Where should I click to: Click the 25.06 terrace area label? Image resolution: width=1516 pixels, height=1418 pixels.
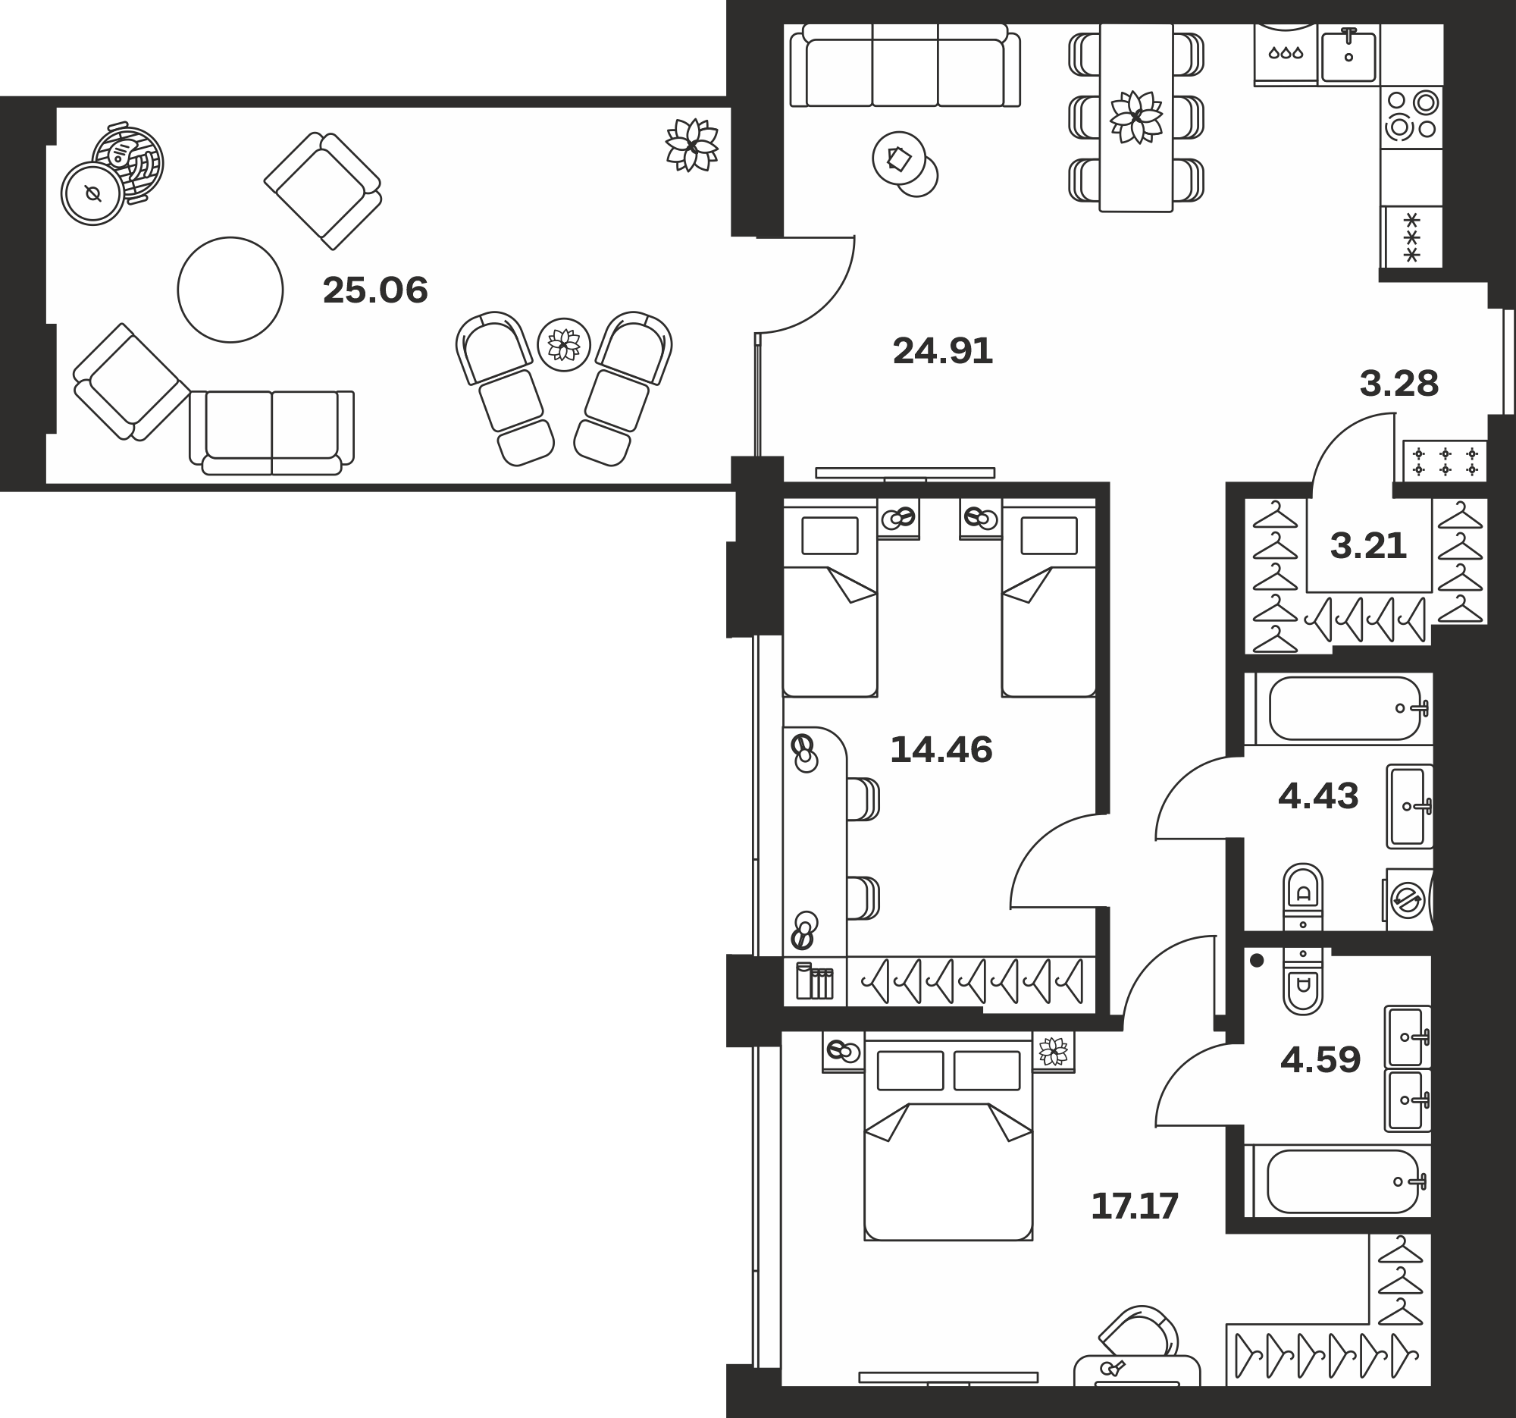pyautogui.click(x=375, y=290)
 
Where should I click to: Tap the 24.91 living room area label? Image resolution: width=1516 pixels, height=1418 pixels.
pyautogui.click(x=942, y=352)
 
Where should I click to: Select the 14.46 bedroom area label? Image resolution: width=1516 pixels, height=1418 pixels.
pyautogui.click(x=941, y=750)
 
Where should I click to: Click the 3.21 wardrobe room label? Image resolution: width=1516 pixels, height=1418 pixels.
pyautogui.click(x=1368, y=546)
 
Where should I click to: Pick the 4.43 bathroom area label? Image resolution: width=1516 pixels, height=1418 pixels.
pyautogui.click(x=1317, y=796)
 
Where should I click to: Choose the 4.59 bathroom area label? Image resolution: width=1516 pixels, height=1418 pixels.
pyautogui.click(x=1320, y=1059)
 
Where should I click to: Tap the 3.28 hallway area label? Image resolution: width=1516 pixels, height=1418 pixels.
pyautogui.click(x=1399, y=384)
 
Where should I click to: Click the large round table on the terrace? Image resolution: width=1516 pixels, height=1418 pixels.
pyautogui.click(x=230, y=289)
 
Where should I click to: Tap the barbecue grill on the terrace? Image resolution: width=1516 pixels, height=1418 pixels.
pyautogui.click(x=128, y=162)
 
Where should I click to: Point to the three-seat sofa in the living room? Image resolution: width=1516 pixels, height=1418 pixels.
pyautogui.click(x=904, y=65)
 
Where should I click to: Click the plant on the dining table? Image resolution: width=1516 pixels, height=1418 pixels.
pyautogui.click(x=1136, y=117)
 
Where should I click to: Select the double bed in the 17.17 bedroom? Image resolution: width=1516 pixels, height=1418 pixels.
pyautogui.click(x=948, y=1142)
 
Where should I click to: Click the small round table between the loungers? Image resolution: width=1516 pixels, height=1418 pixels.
pyautogui.click(x=563, y=345)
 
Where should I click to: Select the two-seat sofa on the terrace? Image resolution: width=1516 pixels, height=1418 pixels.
pyautogui.click(x=271, y=432)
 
